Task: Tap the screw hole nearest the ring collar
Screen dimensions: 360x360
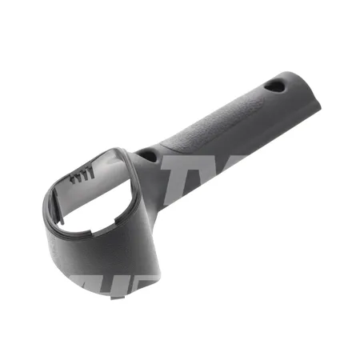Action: point(150,154)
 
